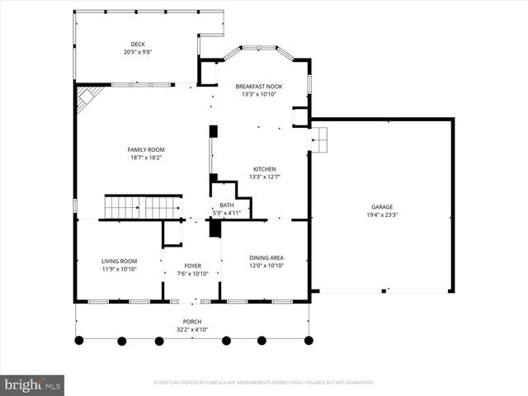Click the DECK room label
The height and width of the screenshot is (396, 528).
coord(137,45)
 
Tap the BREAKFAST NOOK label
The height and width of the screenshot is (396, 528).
coord(258,87)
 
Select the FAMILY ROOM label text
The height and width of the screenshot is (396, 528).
coord(145,149)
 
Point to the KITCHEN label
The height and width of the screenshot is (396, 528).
coord(264,169)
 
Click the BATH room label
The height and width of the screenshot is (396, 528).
coord(226,205)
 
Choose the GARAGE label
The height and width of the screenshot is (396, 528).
coord(381,207)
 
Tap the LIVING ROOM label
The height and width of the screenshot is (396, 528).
coord(119,261)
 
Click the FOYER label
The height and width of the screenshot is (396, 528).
coord(193,266)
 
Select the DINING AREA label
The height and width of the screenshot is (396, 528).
coord(266,258)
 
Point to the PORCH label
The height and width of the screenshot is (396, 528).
coord(192,322)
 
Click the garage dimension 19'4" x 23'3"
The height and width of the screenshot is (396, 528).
coord(381,214)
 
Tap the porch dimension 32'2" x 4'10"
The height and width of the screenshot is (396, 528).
coord(192,329)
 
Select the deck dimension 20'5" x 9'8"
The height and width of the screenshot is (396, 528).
coord(137,52)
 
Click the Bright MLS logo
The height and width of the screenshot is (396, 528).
coord(33,384)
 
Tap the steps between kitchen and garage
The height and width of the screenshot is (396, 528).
coord(319,141)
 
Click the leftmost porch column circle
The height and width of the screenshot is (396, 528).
coord(79,340)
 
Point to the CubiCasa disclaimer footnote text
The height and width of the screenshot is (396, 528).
coord(264,383)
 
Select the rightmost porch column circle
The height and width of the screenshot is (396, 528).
coord(308,340)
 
